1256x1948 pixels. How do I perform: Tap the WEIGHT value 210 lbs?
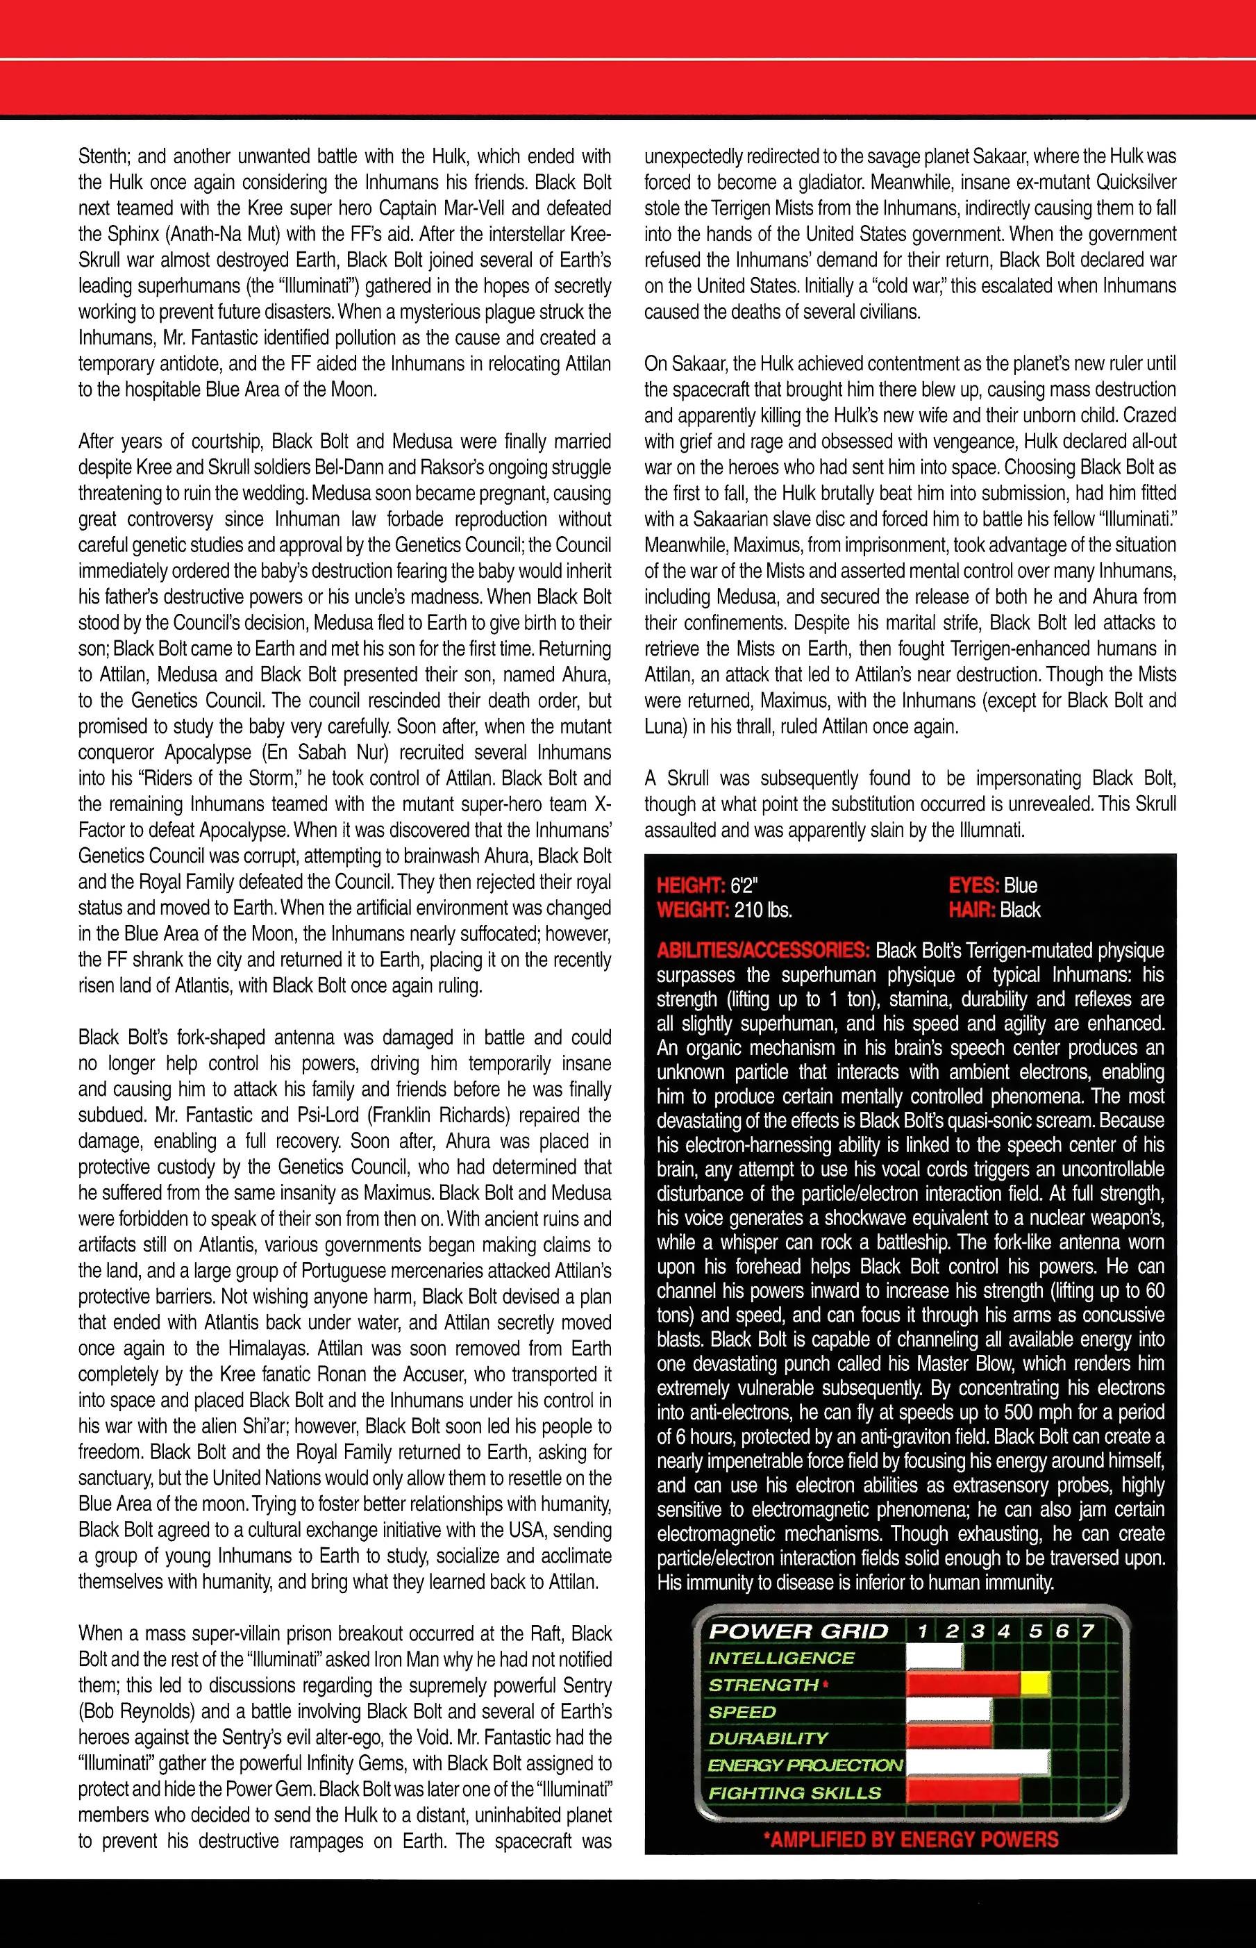pos(762,910)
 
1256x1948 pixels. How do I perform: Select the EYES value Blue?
pos(1021,886)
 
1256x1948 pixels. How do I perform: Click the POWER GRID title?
pos(798,1631)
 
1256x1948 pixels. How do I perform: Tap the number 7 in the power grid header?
pos(1087,1631)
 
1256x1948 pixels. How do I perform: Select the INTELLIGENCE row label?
pos(780,1658)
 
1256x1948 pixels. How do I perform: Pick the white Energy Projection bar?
pos(977,1765)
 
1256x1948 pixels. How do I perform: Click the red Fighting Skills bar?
pos(962,1791)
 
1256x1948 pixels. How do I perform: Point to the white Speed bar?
pos(949,1711)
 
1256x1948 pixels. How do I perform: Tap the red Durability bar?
pos(949,1738)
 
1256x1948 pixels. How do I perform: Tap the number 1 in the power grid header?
pos(921,1631)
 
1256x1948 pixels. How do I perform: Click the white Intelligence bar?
pos(935,1658)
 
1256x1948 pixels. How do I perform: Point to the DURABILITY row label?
pos(767,1738)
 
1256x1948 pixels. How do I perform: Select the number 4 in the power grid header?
pos(1004,1631)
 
